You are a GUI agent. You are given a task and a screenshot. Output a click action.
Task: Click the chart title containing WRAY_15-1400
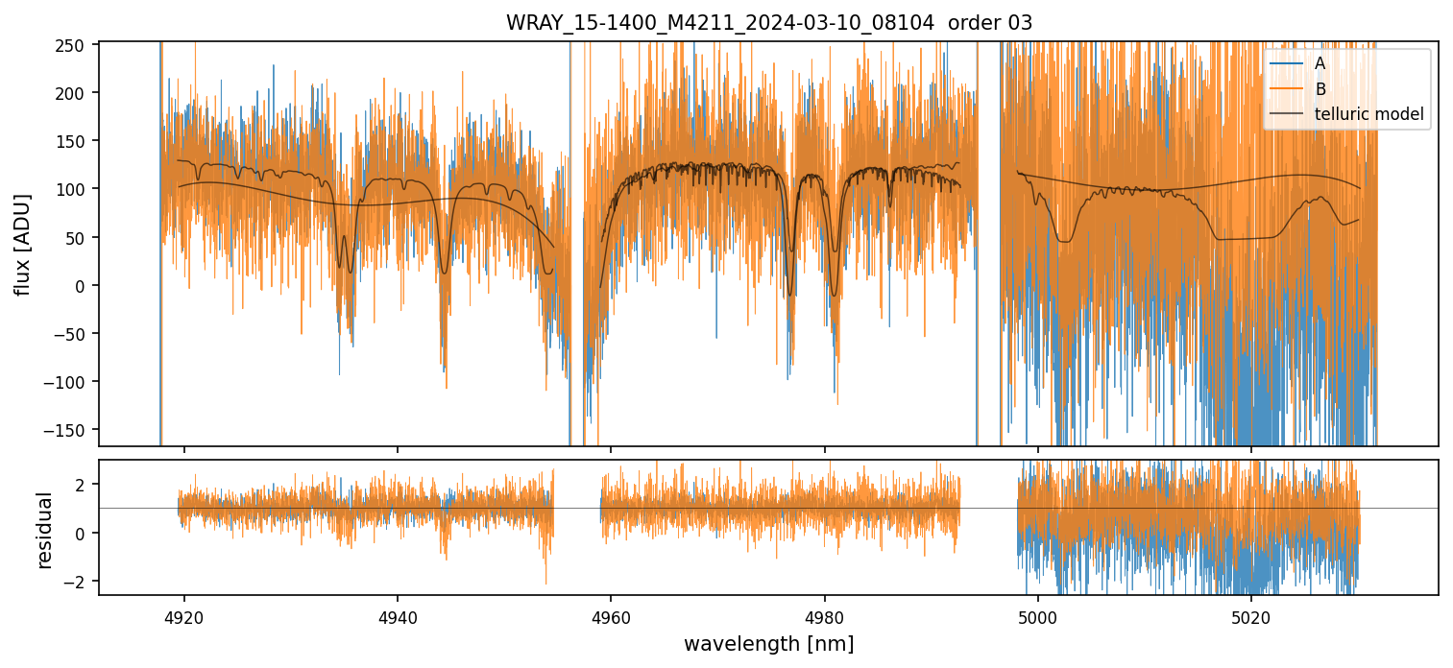pyautogui.click(x=769, y=23)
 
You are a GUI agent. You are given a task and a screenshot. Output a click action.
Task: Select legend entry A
pyautogui.click(x=1320, y=63)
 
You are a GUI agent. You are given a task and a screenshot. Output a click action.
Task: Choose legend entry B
pyautogui.click(x=1320, y=89)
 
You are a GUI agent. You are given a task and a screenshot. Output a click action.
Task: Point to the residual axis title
pyautogui.click(x=44, y=530)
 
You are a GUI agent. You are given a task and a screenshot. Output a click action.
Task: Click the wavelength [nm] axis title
pyautogui.click(x=768, y=643)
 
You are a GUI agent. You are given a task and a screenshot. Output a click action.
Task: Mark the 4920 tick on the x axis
pyautogui.click(x=184, y=616)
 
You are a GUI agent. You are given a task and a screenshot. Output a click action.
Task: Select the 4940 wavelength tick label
pyautogui.click(x=398, y=616)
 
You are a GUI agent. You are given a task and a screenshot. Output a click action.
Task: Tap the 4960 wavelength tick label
pyautogui.click(x=611, y=616)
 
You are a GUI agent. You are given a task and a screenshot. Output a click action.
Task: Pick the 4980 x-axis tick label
pyautogui.click(x=825, y=616)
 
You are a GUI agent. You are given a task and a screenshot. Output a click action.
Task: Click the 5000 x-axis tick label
pyautogui.click(x=1038, y=616)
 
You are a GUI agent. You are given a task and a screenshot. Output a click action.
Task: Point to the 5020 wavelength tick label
pyautogui.click(x=1251, y=616)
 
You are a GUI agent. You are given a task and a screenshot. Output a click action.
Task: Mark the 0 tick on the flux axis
pyautogui.click(x=84, y=286)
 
